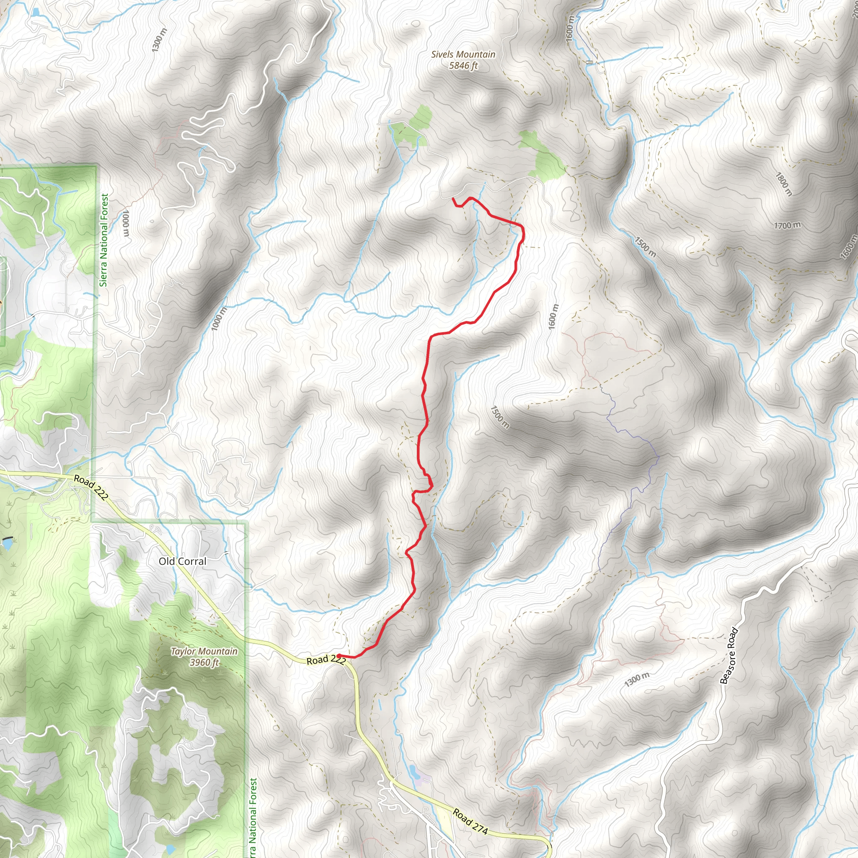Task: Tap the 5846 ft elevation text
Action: click(463, 66)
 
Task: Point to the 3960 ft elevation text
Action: click(204, 663)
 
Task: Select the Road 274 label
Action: click(470, 822)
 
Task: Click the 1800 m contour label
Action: click(784, 184)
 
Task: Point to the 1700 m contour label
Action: click(787, 226)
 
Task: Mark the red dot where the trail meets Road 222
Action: click(339, 656)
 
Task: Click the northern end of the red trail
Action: click(453, 199)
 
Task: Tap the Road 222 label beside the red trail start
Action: click(326, 660)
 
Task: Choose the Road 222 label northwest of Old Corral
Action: click(90, 488)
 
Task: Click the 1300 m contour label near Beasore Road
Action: click(636, 680)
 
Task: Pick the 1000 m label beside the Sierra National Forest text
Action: click(126, 224)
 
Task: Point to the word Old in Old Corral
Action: click(167, 561)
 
